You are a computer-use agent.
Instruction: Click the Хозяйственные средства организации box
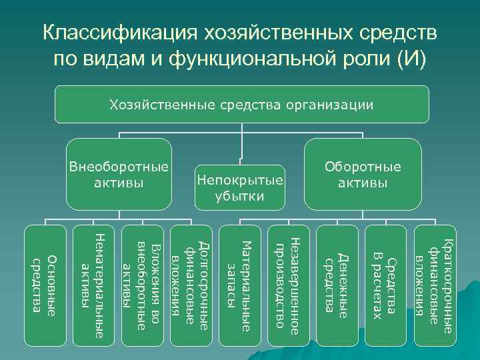[x=241, y=105]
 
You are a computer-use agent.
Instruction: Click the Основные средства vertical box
[x=45, y=287]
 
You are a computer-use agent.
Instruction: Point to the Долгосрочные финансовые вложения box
[x=191, y=287]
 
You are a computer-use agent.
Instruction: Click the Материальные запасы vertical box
[x=240, y=287]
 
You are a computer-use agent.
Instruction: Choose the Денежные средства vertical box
[x=337, y=287]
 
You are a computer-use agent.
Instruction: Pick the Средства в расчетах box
[x=386, y=287]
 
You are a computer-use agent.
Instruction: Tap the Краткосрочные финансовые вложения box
[x=435, y=287]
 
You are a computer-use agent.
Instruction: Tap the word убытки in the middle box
[x=239, y=195]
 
